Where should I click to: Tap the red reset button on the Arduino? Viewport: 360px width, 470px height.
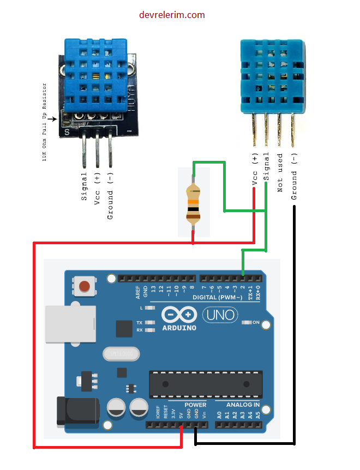coord(85,286)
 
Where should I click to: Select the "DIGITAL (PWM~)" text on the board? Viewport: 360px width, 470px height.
coord(218,298)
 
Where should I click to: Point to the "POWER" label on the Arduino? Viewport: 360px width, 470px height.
coord(195,405)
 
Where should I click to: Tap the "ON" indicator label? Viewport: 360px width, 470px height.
coord(256,322)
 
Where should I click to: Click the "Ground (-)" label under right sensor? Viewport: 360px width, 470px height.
coord(295,177)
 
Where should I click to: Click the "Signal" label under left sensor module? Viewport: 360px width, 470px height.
coord(85,186)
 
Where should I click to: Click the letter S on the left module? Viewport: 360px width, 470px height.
coord(67,131)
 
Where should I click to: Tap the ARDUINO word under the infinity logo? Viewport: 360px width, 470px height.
coord(179,328)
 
